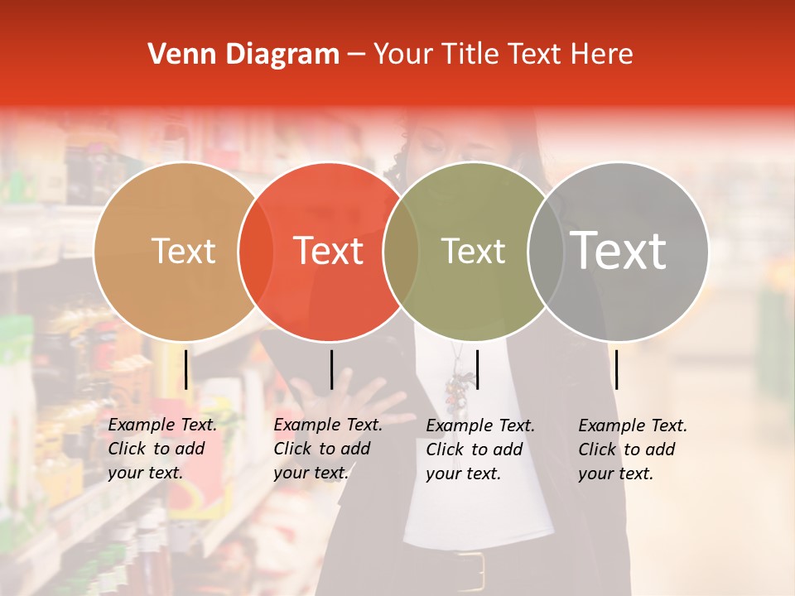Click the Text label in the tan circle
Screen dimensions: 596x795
pyautogui.click(x=183, y=251)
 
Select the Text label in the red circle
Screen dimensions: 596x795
pyautogui.click(x=329, y=251)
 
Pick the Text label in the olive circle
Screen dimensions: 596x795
pyautogui.click(x=473, y=251)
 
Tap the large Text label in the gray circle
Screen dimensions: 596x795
pyautogui.click(x=619, y=250)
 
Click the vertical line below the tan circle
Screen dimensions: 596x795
pyautogui.click(x=186, y=369)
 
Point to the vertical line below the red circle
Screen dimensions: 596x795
pyautogui.click(x=331, y=369)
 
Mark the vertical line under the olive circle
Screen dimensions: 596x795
pyautogui.click(x=478, y=369)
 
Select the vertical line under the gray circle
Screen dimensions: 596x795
pyautogui.click(x=617, y=369)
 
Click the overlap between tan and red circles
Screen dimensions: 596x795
pyautogui.click(x=256, y=251)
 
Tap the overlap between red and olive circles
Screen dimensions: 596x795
pyautogui.click(x=401, y=251)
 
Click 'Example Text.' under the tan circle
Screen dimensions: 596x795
pyautogui.click(x=162, y=425)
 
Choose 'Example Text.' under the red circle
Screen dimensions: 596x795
pyautogui.click(x=328, y=425)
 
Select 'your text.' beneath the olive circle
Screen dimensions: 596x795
pyautogui.click(x=464, y=473)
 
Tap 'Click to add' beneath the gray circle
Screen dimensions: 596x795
pyautogui.click(x=627, y=449)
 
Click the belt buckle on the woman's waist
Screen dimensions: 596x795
pyautogui.click(x=470, y=570)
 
